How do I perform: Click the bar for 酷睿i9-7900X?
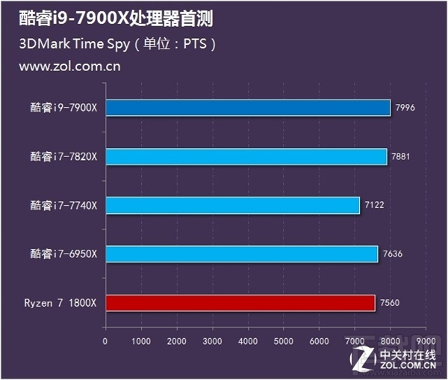point(247,108)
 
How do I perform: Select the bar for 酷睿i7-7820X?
point(246,156)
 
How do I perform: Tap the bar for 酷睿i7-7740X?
point(232,205)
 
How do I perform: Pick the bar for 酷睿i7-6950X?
point(241,254)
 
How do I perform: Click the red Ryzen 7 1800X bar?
point(240,302)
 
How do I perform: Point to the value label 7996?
point(404,108)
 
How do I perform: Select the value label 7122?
point(373,205)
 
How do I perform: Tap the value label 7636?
point(392,254)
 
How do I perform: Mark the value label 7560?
point(389,302)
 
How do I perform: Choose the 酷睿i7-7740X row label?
point(63,205)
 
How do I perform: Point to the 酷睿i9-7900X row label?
point(63,108)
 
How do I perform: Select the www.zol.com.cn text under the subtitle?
point(69,66)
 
